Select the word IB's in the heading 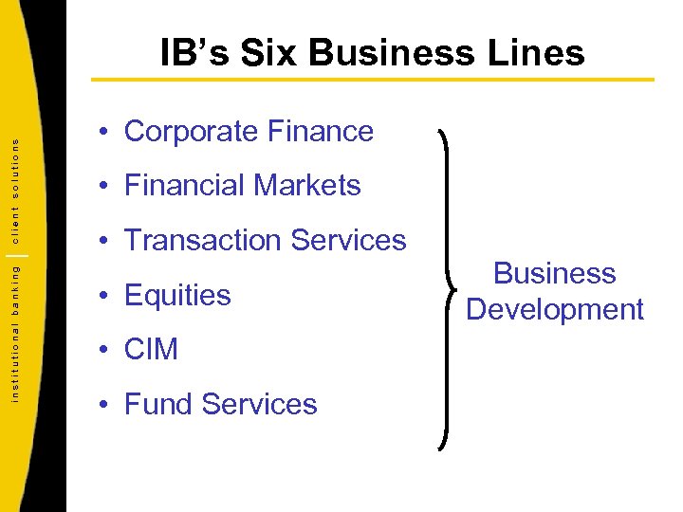click(194, 53)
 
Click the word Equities click(177, 295)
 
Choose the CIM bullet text click(151, 349)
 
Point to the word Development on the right click(555, 309)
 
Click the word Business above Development click(555, 273)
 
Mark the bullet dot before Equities click(104, 296)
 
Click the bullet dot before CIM click(104, 350)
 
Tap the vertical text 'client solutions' click(16, 184)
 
